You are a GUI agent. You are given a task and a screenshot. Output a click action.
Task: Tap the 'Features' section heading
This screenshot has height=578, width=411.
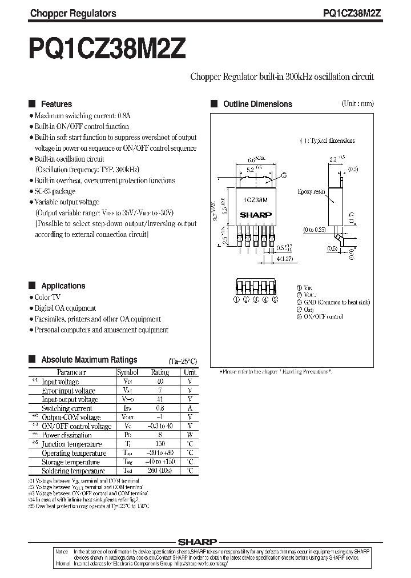coord(57,104)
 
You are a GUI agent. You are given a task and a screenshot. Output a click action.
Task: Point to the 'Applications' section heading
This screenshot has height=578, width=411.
coord(63,286)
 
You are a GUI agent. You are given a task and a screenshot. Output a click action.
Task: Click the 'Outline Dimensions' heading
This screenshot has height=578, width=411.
coord(257,104)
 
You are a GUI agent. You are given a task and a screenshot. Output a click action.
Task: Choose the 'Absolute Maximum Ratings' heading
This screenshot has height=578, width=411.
coord(89,360)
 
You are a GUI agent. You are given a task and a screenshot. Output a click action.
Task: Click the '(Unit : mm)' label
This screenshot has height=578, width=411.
coord(357,103)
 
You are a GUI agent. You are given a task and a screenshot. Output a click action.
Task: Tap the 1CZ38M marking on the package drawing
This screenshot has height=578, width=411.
coord(256,200)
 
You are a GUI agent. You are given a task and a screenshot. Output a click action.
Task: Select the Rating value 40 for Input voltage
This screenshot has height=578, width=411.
coord(159,382)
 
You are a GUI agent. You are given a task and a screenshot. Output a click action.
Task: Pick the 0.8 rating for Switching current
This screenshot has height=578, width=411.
coord(159,408)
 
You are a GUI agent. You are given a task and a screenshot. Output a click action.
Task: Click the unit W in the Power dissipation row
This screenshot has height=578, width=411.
coord(190,435)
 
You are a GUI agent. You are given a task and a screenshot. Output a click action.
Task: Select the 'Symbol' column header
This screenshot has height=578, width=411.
coord(124,372)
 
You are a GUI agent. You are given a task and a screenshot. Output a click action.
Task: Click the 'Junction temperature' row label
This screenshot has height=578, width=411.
coord(72,444)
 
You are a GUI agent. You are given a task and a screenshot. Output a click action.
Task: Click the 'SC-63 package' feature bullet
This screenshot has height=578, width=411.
coord(55,191)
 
